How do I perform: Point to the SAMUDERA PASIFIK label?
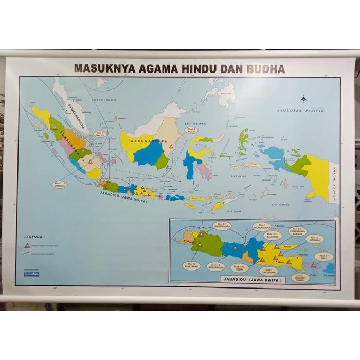300,110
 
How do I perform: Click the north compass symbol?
303,99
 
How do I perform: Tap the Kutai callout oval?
191,131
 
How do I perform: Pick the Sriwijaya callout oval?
60,184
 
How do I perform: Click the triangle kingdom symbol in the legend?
27,245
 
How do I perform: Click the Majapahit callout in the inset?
272,235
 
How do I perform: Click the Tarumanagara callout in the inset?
222,225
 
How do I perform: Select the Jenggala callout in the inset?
314,238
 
